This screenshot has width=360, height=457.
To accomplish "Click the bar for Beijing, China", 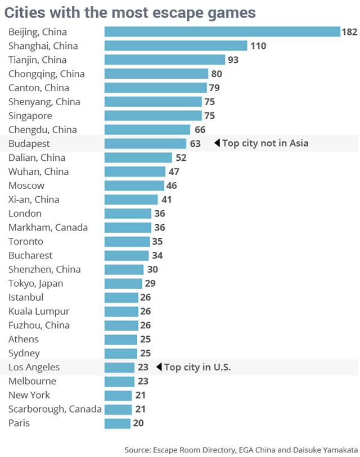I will click(x=222, y=32).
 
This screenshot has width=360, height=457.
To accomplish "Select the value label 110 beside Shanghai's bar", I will click(x=258, y=46).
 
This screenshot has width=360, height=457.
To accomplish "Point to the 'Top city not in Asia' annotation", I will click(x=265, y=143).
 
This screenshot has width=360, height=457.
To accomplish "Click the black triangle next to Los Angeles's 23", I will click(x=159, y=367).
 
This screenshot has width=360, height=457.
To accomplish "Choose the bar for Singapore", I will click(x=153, y=116).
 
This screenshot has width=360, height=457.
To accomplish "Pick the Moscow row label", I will click(x=26, y=185).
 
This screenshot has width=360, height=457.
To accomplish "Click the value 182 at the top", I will click(x=349, y=32).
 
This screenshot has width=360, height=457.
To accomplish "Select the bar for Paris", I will click(x=118, y=423).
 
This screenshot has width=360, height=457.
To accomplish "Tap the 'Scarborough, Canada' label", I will click(x=55, y=409).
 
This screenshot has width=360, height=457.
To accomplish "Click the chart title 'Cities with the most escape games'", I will click(x=130, y=12).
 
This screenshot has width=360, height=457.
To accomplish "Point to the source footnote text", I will click(x=241, y=450).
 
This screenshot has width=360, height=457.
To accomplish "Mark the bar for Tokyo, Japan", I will click(x=123, y=283).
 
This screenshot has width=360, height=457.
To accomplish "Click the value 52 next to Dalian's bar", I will click(x=181, y=158).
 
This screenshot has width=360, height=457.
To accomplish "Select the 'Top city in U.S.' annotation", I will click(x=197, y=367).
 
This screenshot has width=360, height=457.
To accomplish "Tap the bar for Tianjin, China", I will click(x=165, y=60).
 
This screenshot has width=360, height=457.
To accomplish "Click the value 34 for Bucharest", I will click(x=158, y=256).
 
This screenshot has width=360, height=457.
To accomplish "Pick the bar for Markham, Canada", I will click(x=128, y=228).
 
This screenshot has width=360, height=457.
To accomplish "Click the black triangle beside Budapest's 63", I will click(x=217, y=143).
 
